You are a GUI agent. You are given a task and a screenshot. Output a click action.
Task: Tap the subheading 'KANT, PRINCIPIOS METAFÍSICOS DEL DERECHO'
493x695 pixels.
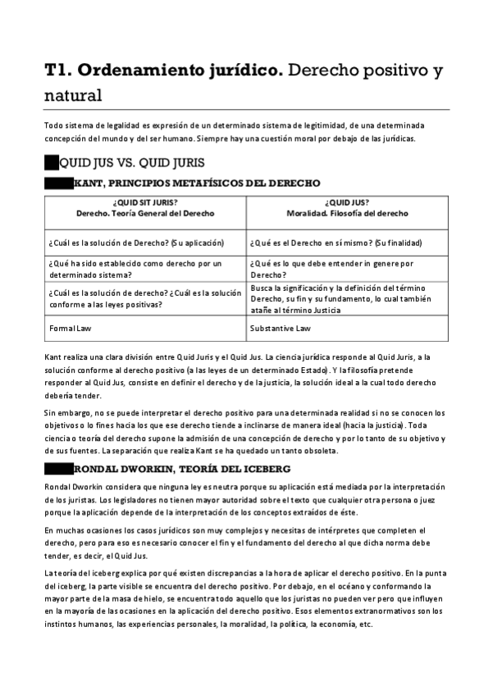click(x=197, y=183)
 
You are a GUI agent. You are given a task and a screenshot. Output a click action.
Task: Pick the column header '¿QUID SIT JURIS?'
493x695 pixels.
click(x=144, y=202)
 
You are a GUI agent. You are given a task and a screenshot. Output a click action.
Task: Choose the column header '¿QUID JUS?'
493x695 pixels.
click(x=347, y=202)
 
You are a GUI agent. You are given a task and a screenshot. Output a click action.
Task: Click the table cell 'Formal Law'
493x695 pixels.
click(x=70, y=328)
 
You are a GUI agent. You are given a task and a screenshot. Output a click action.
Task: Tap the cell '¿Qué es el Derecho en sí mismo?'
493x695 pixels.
click(x=336, y=242)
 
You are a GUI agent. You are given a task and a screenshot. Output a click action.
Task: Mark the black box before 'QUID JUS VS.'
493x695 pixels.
click(x=51, y=162)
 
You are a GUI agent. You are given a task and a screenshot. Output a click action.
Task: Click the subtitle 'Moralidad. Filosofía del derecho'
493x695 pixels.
click(x=346, y=213)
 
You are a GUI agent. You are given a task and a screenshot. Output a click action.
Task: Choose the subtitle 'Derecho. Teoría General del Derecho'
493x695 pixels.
click(x=144, y=213)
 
